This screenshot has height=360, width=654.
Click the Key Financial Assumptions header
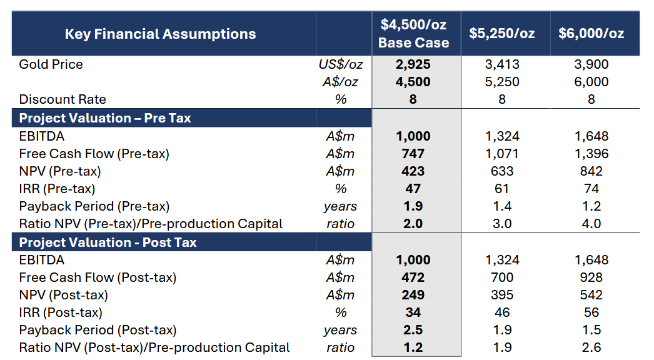[160, 34]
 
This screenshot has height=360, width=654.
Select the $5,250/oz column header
[502, 34]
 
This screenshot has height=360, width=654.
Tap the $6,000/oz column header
[591, 34]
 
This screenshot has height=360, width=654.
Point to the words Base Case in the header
[413, 43]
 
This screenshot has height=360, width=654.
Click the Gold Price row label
[51, 64]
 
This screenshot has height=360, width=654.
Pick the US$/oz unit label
[340, 64]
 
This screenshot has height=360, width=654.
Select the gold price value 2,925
[413, 64]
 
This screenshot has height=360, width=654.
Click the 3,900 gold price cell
[591, 64]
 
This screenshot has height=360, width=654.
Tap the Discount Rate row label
[63, 99]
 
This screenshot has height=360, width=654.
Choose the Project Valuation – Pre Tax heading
[105, 118]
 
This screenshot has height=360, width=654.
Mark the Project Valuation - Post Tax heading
[108, 242]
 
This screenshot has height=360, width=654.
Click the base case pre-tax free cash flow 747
[413, 154]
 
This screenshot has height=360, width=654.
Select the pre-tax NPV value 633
[502, 171]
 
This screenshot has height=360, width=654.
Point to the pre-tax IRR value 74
[591, 189]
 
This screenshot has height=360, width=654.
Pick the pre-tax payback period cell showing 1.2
[591, 206]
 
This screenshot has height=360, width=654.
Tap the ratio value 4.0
[591, 224]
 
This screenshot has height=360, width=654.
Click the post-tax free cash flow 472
[413, 277]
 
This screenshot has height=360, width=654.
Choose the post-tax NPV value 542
[591, 295]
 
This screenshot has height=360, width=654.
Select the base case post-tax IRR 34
[413, 312]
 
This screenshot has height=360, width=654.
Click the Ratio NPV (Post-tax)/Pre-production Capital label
[154, 347]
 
